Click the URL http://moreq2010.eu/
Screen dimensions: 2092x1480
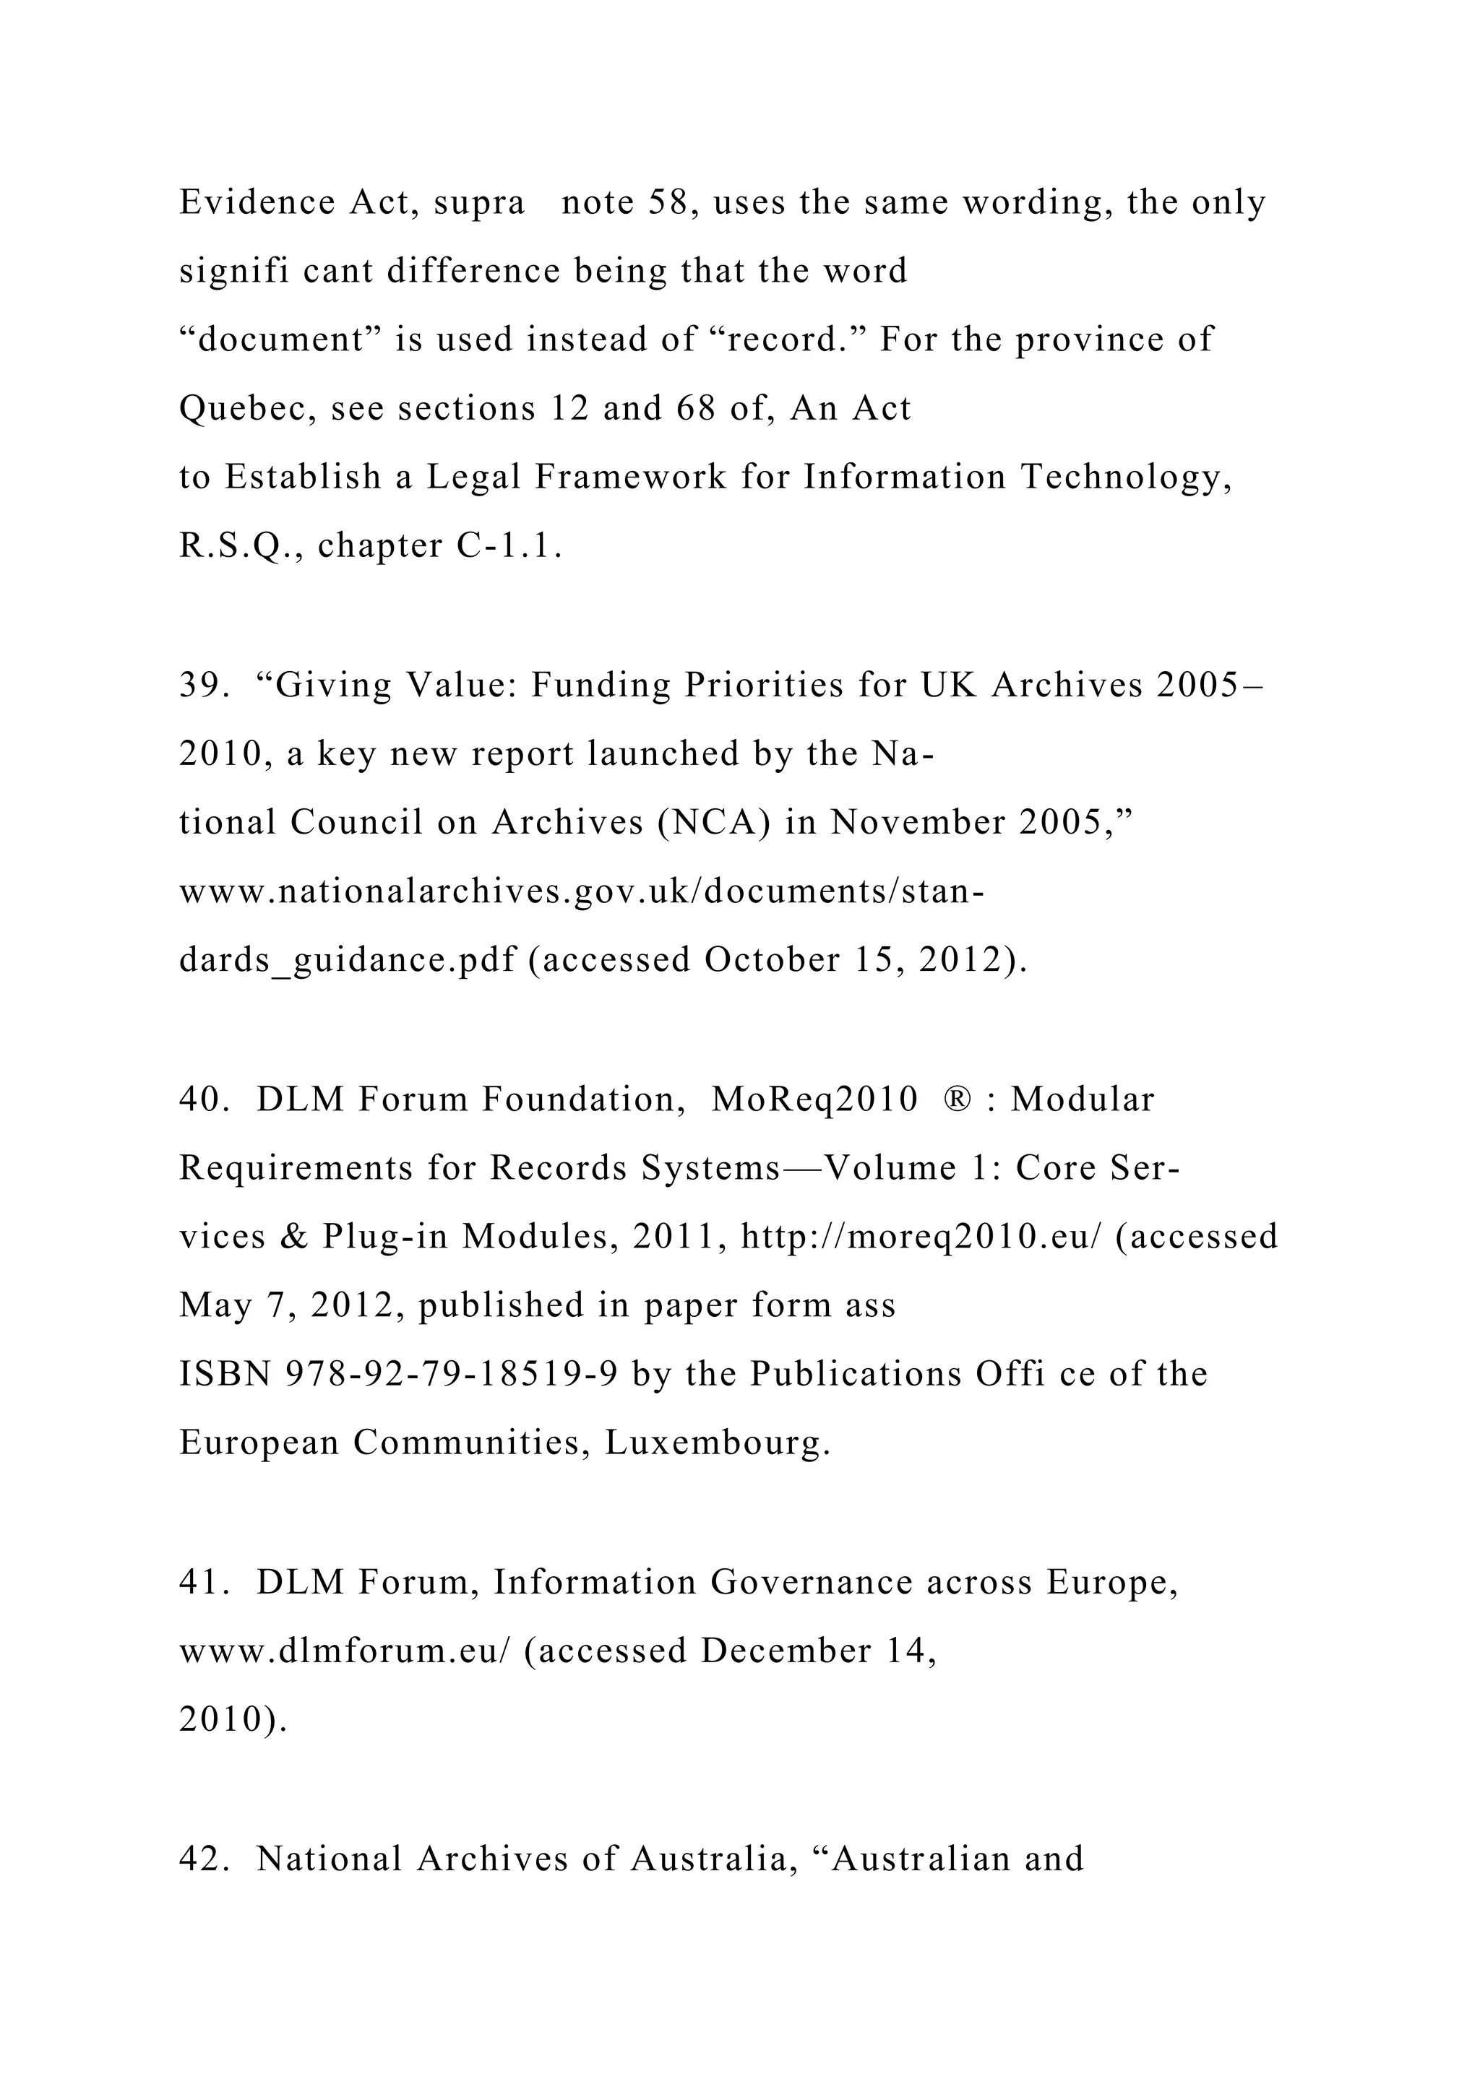pos(921,1237)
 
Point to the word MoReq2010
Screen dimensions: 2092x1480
pos(814,1099)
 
